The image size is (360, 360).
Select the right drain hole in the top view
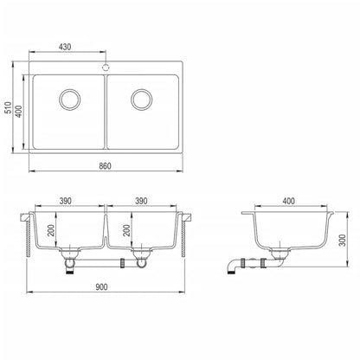coord(142,98)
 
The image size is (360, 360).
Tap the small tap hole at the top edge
coord(106,64)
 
